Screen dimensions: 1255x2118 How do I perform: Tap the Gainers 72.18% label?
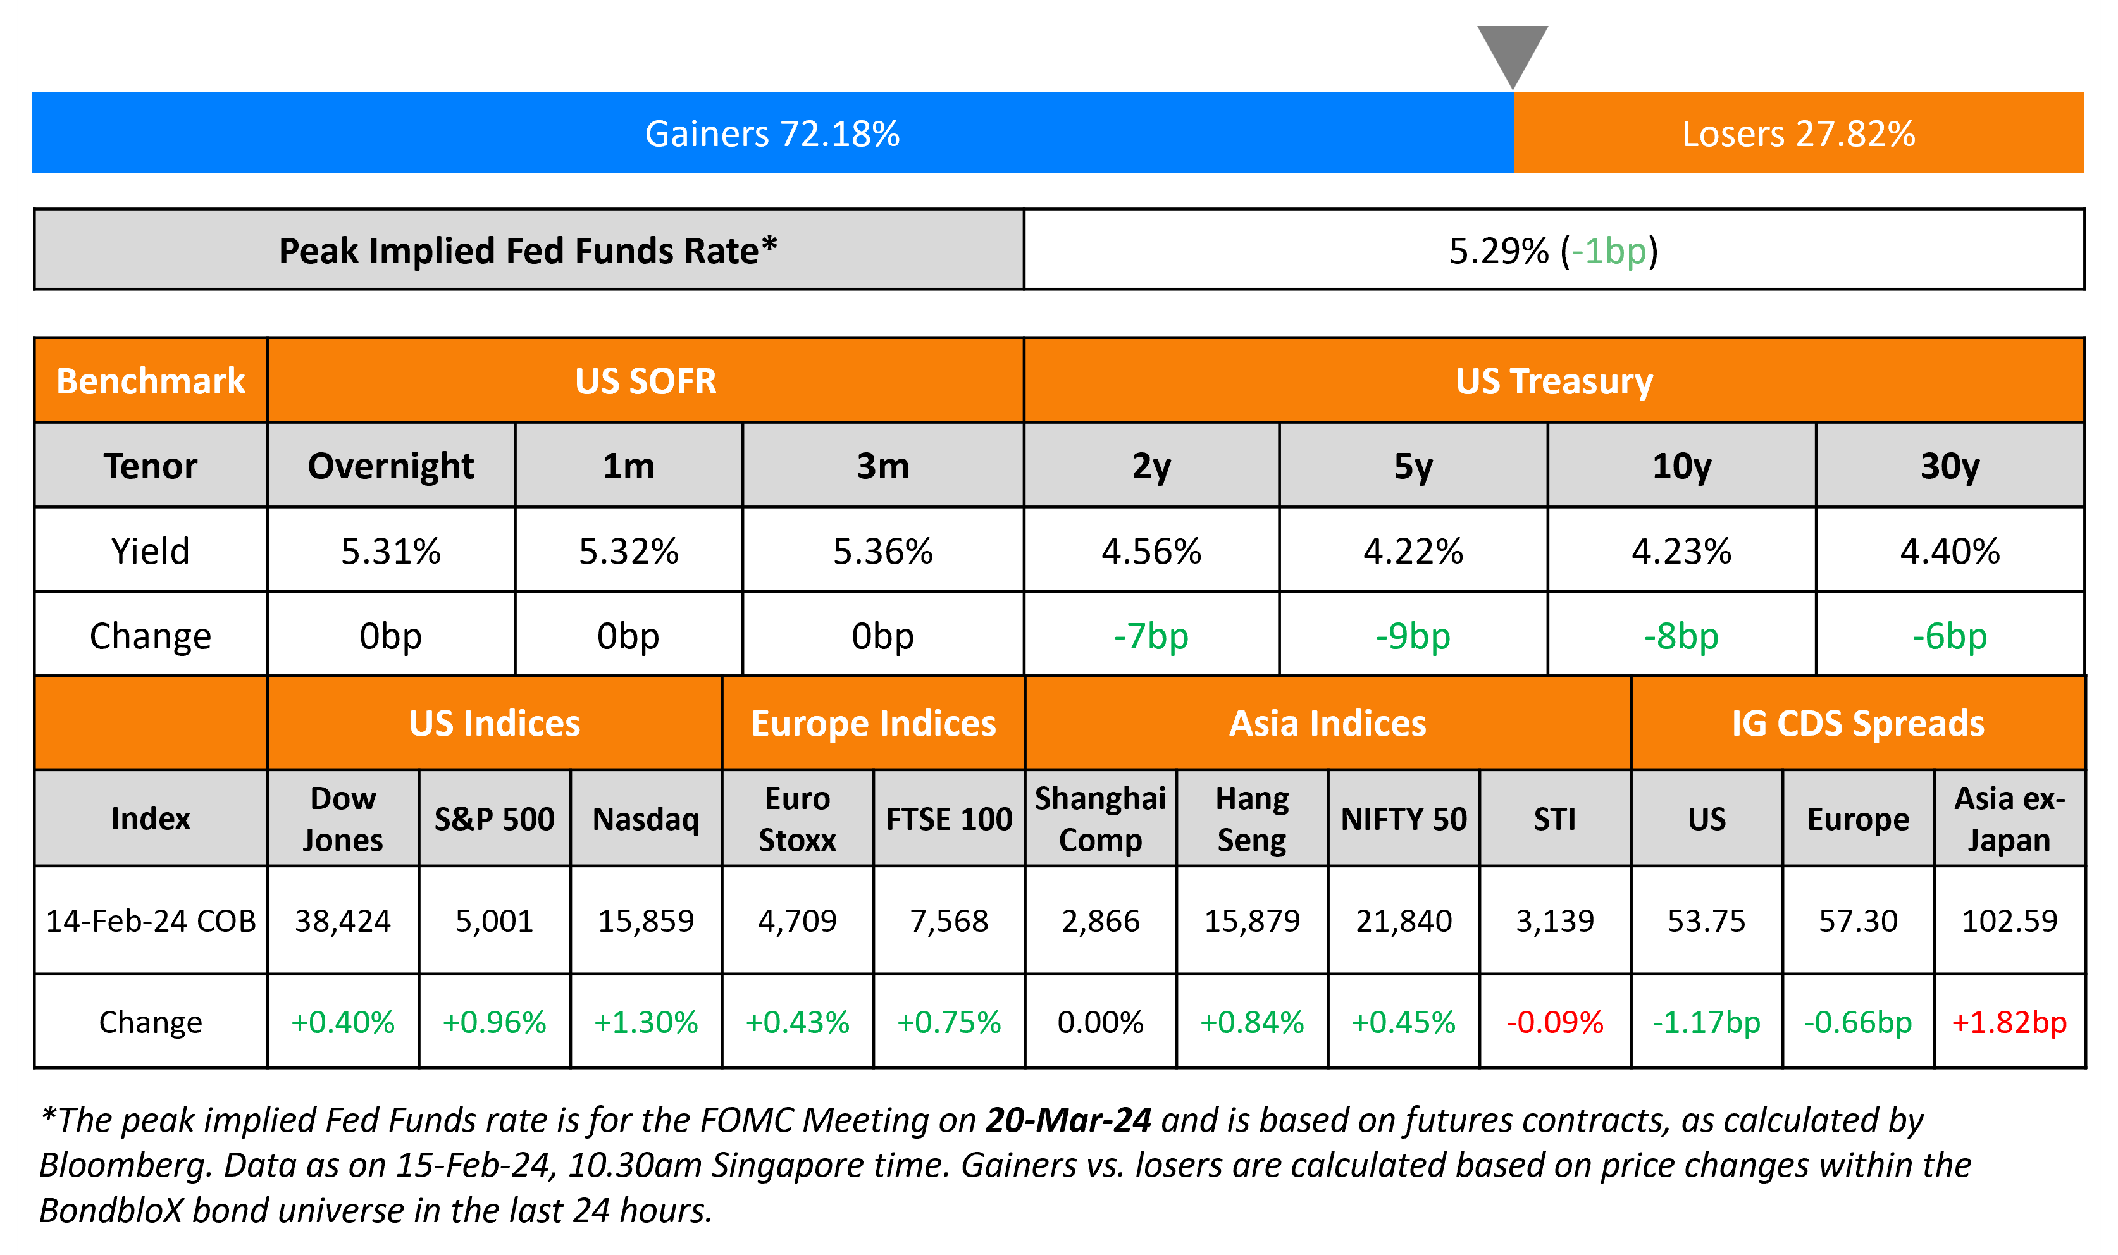(x=772, y=133)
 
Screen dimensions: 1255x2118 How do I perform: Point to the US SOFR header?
(x=645, y=381)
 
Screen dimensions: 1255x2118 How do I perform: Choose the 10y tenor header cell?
(x=1681, y=466)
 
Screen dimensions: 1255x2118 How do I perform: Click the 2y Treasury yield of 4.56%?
(x=1151, y=552)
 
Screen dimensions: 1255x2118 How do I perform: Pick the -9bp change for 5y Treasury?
(x=1413, y=636)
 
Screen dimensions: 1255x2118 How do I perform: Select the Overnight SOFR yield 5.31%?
(x=390, y=552)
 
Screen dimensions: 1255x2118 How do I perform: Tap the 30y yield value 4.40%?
(x=1950, y=552)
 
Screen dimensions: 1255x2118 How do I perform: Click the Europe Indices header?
(x=874, y=724)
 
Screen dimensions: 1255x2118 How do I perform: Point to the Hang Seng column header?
(x=1251, y=819)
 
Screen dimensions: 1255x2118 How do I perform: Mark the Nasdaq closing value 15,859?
(x=646, y=920)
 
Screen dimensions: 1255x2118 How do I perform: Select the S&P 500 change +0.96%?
(x=495, y=1022)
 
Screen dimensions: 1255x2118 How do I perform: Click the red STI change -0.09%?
(x=1555, y=1022)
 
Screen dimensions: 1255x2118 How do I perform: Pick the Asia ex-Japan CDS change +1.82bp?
(x=2009, y=1022)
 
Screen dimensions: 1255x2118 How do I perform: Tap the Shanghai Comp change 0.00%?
(x=1100, y=1022)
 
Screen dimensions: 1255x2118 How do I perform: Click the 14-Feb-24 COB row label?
(x=151, y=920)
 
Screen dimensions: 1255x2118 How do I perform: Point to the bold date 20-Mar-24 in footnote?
(x=1068, y=1120)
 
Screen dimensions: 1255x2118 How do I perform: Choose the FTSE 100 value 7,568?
(x=949, y=920)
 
